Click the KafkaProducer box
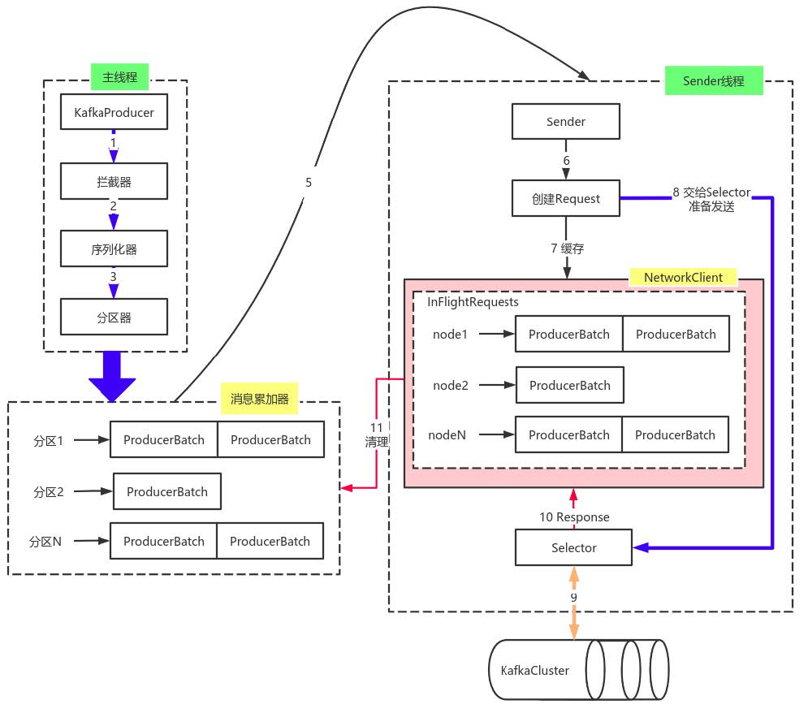(x=114, y=113)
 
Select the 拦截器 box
(x=114, y=182)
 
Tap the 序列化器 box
(x=114, y=249)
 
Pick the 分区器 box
(x=114, y=318)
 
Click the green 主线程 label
(x=119, y=78)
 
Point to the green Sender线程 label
(x=713, y=81)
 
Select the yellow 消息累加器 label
(x=259, y=399)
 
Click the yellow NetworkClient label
(x=683, y=277)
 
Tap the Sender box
(x=565, y=122)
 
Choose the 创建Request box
(x=565, y=198)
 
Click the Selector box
(x=573, y=547)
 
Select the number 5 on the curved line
(x=309, y=183)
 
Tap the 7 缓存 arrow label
(x=567, y=248)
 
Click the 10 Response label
(x=574, y=517)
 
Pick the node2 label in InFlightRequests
(x=451, y=385)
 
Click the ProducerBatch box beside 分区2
(x=166, y=491)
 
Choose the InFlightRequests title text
(x=473, y=302)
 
